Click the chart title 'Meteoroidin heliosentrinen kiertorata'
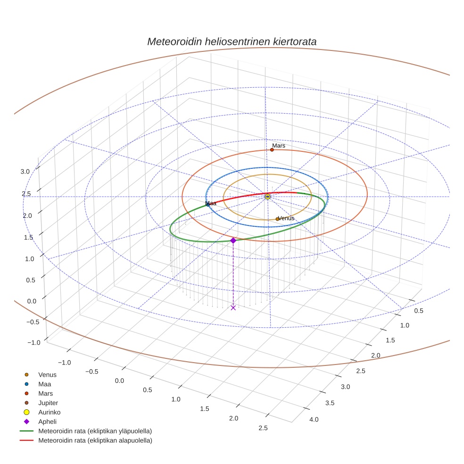coord(232,41)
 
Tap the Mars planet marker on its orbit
coord(272,150)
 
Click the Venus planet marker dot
coord(277,219)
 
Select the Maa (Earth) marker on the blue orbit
coord(207,204)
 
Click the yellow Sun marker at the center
coord(267,196)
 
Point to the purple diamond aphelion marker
coord(233,240)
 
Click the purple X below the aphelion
coord(233,307)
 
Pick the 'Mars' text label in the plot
coord(279,146)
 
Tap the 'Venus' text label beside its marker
coord(286,218)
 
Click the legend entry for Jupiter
coord(48,403)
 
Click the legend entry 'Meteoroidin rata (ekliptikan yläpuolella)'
coord(95,431)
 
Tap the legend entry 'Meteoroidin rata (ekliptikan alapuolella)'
coord(95,440)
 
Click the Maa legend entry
coord(44,384)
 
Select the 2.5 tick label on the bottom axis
coord(263,428)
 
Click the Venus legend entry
coord(47,374)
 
